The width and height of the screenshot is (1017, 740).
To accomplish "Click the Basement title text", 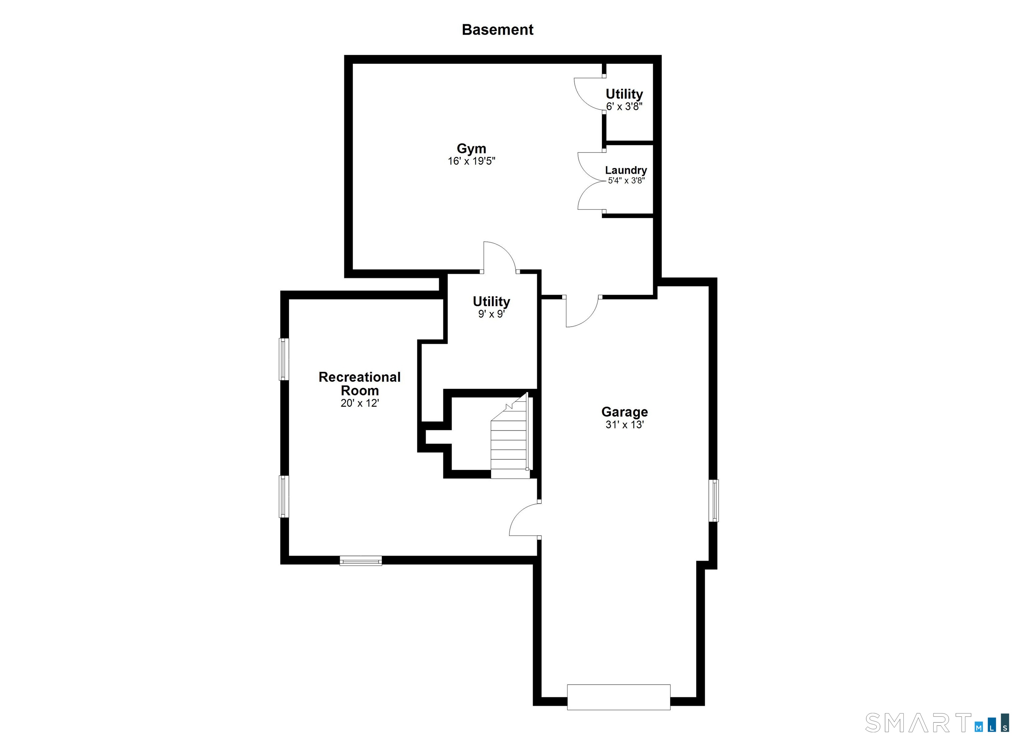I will click(x=497, y=29).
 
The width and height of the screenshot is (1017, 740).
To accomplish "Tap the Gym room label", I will click(x=471, y=148).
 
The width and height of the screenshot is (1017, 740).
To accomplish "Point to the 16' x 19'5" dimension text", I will click(x=471, y=161).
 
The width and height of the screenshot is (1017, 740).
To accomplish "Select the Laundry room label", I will click(x=626, y=170).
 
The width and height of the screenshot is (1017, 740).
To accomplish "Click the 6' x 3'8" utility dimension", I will click(x=624, y=107).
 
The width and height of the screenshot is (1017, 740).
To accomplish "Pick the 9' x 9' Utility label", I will click(x=492, y=301).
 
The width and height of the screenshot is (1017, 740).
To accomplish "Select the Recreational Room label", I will click(x=360, y=383).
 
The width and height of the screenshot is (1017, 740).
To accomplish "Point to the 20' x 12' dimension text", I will click(x=360, y=403).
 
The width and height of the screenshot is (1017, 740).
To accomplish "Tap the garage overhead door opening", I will click(x=618, y=697).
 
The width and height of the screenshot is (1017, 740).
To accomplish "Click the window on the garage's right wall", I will click(x=713, y=501).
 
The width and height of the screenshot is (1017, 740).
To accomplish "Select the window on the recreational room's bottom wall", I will click(x=361, y=561).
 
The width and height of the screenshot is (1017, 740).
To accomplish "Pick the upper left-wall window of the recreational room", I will click(x=284, y=359).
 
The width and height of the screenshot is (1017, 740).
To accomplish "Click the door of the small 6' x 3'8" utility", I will click(x=588, y=94).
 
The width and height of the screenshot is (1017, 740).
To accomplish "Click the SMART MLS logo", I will click(x=938, y=722).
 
